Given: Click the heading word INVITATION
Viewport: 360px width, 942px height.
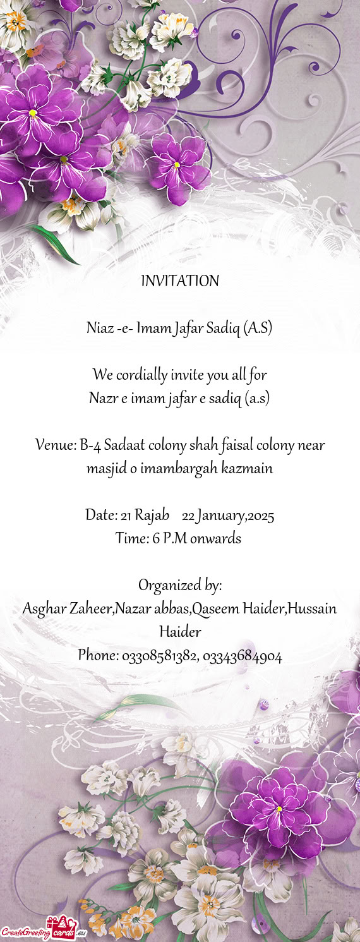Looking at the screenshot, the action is point(180,281).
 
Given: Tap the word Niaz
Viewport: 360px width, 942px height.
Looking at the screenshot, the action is point(100,329).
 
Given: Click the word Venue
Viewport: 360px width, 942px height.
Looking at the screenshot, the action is point(56,445).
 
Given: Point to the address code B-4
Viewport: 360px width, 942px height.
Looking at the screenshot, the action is point(91,445).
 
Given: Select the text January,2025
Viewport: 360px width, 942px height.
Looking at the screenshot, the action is point(236,517).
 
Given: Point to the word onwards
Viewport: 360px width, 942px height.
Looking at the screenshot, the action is point(216,539).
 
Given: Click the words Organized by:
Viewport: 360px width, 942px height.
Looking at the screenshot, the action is point(180,586).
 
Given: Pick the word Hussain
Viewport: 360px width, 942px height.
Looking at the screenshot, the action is point(313,609).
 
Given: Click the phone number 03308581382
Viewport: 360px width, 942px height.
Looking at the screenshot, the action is point(159,656).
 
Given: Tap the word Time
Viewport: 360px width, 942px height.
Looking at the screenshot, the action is point(131,539).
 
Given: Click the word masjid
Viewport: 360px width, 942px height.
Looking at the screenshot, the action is point(104,469).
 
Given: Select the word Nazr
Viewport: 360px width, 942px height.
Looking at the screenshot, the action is point(104,399).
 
